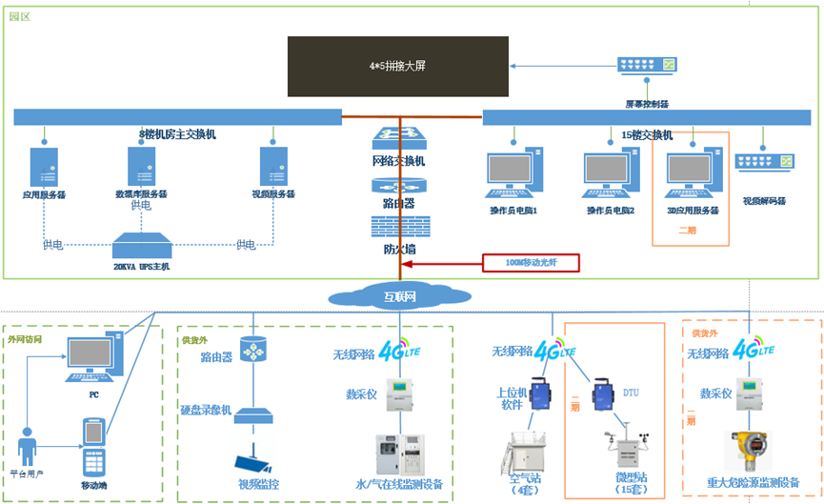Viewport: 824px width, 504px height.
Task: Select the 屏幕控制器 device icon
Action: click(x=646, y=66)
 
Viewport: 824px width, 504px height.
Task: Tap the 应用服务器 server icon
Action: click(x=44, y=166)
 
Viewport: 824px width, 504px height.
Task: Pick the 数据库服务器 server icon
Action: click(x=140, y=166)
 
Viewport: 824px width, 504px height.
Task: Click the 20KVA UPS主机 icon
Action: click(x=141, y=247)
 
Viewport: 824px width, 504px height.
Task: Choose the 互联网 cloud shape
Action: click(x=399, y=296)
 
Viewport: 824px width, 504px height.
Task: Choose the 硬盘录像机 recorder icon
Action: click(x=253, y=415)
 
